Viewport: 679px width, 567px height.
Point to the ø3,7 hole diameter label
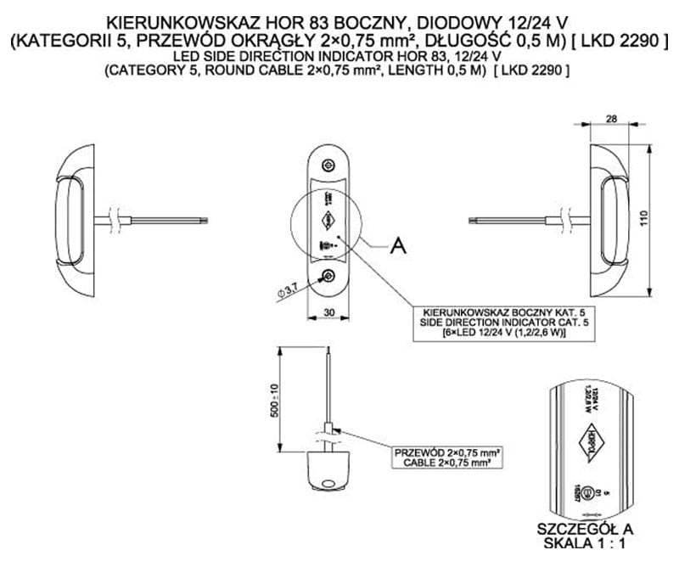(287, 291)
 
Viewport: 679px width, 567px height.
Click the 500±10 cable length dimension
(273, 399)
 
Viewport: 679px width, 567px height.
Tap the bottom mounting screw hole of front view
(329, 275)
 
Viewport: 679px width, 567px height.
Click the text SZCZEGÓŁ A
(586, 529)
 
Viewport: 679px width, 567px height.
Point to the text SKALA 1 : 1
(586, 544)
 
